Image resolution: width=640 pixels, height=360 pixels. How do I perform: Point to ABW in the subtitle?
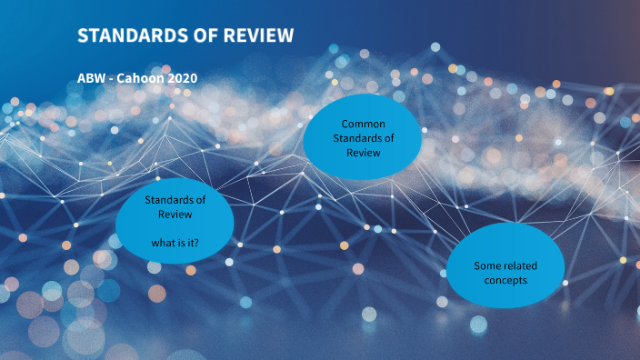point(93,78)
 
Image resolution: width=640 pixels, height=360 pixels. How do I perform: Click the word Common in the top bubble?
point(362,124)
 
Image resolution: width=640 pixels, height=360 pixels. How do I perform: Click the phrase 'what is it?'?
point(175,242)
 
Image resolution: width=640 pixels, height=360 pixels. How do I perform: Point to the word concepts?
point(505,280)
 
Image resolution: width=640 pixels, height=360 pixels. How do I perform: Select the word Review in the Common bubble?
point(362,152)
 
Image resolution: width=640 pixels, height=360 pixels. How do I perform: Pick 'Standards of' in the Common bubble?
point(362,138)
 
